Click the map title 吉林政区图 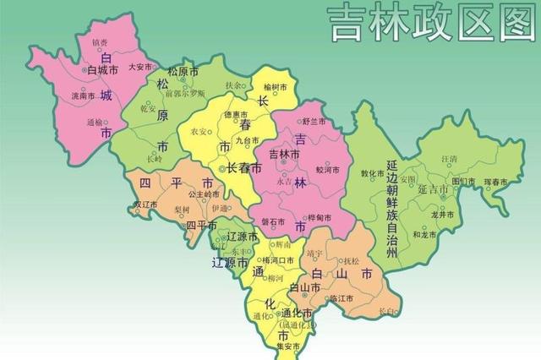pyautogui.click(x=432, y=25)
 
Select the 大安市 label pyautogui.click(x=139, y=66)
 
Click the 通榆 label pyautogui.click(x=95, y=122)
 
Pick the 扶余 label pyautogui.click(x=234, y=85)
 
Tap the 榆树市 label pyautogui.click(x=276, y=87)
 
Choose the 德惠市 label pyautogui.click(x=235, y=114)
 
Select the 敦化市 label pyautogui.click(x=373, y=174)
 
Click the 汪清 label pyautogui.click(x=448, y=158)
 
